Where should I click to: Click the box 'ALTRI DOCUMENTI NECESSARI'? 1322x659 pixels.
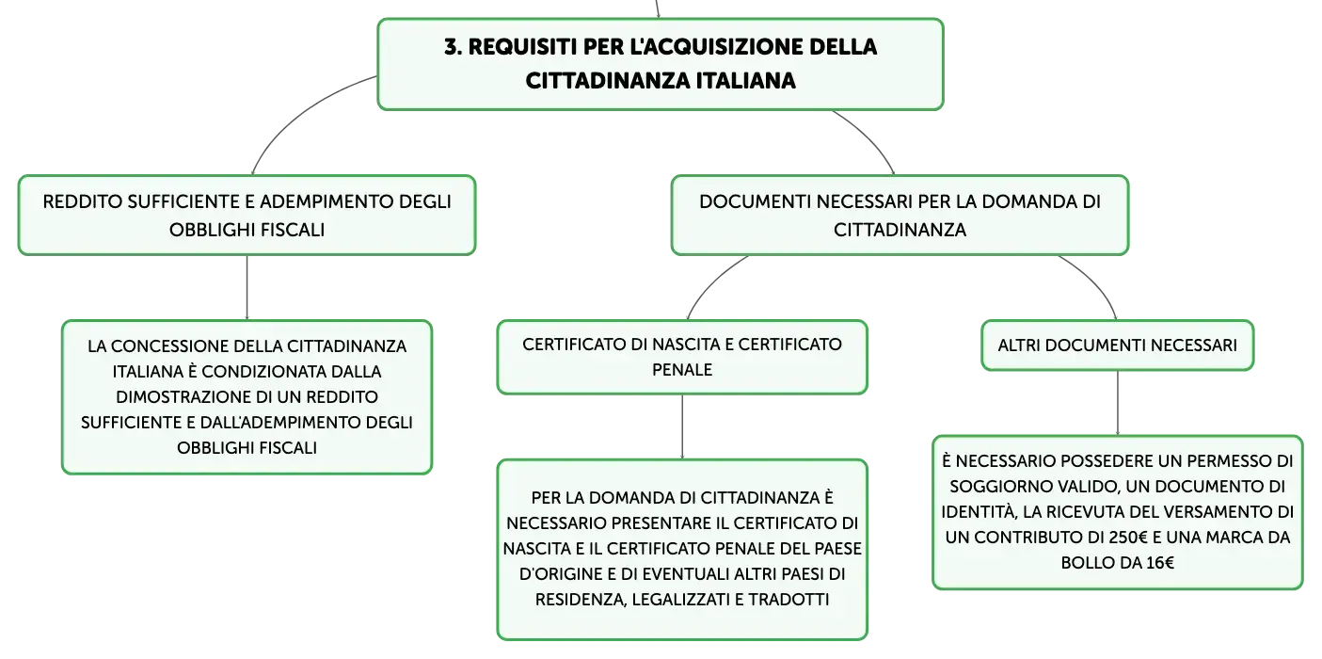pyautogui.click(x=1117, y=346)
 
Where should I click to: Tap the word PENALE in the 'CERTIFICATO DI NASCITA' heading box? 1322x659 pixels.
pyautogui.click(x=682, y=370)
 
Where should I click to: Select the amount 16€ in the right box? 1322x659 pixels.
pyautogui.click(x=1160, y=563)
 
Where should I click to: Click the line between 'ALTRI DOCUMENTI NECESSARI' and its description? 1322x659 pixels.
pyautogui.click(x=1118, y=403)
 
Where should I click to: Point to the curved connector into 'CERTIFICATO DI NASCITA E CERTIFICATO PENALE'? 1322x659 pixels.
pyautogui.click(x=711, y=282)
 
